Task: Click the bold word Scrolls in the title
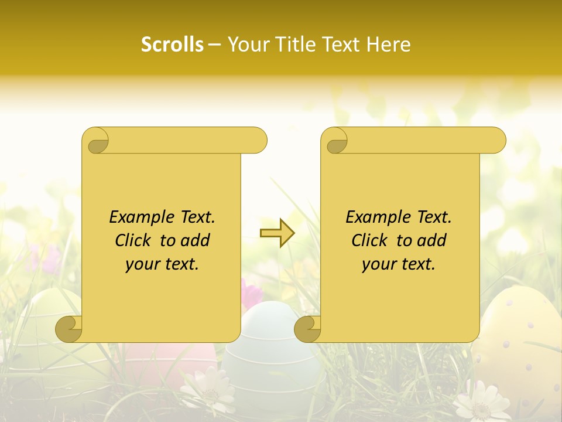[172, 45]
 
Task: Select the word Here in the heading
[388, 45]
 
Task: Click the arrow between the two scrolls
[277, 233]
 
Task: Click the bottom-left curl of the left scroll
[69, 329]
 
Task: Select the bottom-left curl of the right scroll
[308, 329]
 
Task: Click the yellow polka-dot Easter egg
[518, 340]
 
